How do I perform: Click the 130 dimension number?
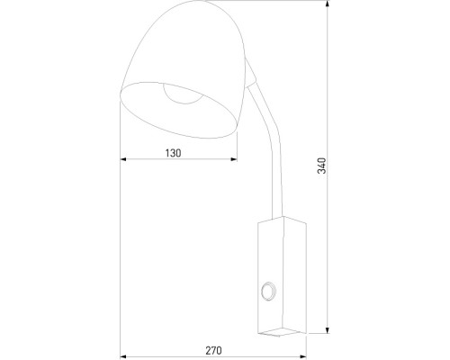[x=174, y=153]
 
